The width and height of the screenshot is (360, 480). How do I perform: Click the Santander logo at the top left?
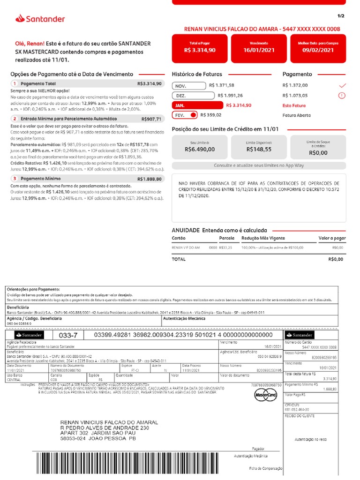pos(40,19)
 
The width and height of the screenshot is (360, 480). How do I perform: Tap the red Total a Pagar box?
pos(200,47)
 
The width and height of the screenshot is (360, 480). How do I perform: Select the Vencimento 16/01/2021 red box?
pos(259,47)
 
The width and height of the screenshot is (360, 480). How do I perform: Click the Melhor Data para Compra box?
pos(318,47)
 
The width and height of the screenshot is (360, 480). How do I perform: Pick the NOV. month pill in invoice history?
pos(189,86)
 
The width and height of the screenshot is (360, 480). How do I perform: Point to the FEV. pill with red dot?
pos(185,115)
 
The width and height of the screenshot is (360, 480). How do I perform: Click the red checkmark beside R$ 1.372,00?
pos(342,85)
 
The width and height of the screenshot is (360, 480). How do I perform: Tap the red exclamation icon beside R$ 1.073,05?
pos(342,96)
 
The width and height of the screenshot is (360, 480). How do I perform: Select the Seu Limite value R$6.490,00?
pos(200,150)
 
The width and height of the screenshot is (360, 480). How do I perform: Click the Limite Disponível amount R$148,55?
pos(259,150)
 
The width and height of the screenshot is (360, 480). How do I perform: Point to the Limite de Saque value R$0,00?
pos(318,152)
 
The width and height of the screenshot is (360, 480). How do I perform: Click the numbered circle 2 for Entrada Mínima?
pos(15,119)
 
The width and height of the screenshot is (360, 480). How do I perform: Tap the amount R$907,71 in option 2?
pos(151,120)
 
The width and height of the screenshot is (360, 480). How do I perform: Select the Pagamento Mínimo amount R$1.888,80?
pos(150,179)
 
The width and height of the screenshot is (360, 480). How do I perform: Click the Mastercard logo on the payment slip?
pos(266,396)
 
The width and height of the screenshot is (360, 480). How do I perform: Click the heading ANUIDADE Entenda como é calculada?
pos(219,230)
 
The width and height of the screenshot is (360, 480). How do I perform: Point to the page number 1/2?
pos(340,16)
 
